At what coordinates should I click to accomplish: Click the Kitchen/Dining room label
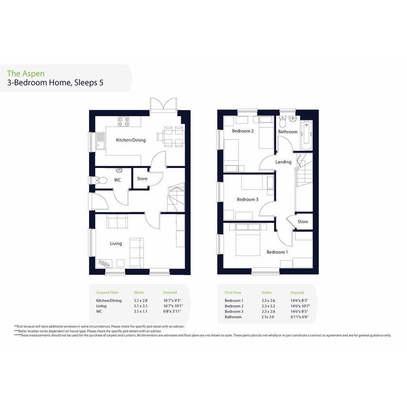pyautogui.click(x=130, y=140)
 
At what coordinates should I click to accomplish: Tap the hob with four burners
pyautogui.click(x=124, y=121)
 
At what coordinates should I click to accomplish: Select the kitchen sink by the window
pyautogui.click(x=100, y=141)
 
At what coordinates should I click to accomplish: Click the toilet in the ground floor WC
pyautogui.click(x=102, y=180)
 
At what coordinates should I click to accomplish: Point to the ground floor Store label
pyautogui.click(x=142, y=179)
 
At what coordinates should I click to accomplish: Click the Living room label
pyautogui.click(x=116, y=243)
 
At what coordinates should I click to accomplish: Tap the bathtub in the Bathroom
pyautogui.click(x=306, y=135)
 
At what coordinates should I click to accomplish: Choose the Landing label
pyautogui.click(x=283, y=162)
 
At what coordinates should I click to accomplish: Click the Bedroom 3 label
pyautogui.click(x=247, y=199)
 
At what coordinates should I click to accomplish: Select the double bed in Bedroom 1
pyautogui.click(x=248, y=242)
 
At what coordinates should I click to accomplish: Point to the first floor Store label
pyautogui.click(x=303, y=221)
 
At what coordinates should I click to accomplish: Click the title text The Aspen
pyautogui.click(x=26, y=74)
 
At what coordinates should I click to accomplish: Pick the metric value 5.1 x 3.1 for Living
pyautogui.click(x=140, y=306)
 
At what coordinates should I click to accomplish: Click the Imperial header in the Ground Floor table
pyautogui.click(x=170, y=292)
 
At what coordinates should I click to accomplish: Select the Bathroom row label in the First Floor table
pyautogui.click(x=233, y=317)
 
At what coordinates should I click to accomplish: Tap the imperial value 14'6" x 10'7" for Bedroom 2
pyautogui.click(x=300, y=306)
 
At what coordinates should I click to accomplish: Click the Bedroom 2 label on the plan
pyautogui.click(x=243, y=131)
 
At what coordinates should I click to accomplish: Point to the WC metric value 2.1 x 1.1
pyautogui.click(x=140, y=311)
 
